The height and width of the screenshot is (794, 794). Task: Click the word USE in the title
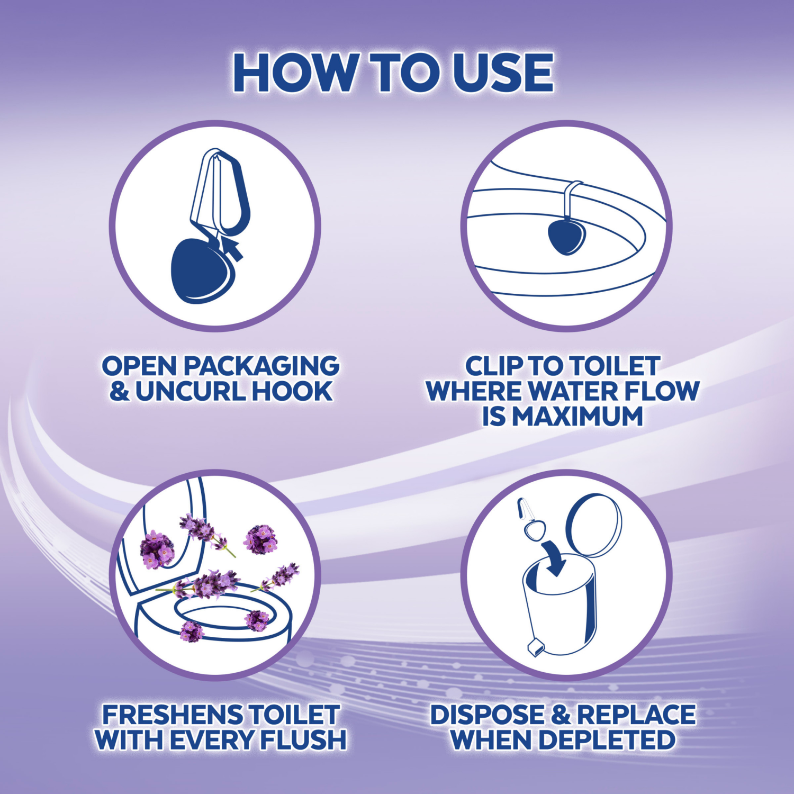pyautogui.click(x=503, y=73)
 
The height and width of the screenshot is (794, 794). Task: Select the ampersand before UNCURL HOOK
pyautogui.click(x=119, y=391)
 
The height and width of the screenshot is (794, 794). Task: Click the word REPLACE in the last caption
pyautogui.click(x=636, y=715)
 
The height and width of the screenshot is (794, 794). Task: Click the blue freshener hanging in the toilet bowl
pyautogui.click(x=566, y=237)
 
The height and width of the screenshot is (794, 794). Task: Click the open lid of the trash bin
pyautogui.click(x=594, y=525)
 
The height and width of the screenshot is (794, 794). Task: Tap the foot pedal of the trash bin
pyautogui.click(x=535, y=646)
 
